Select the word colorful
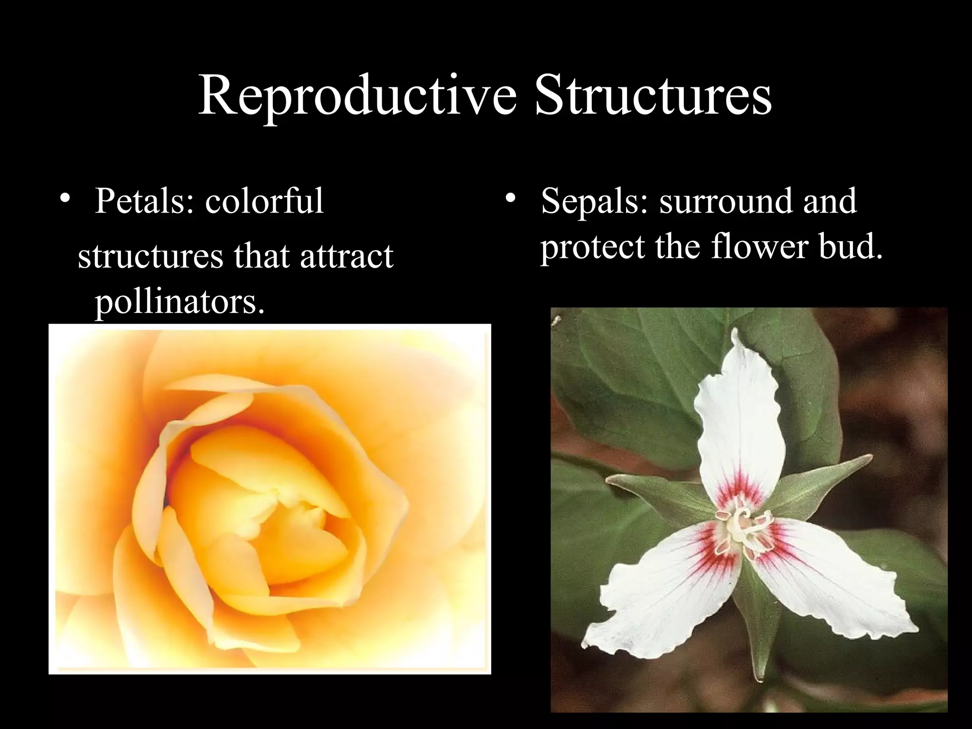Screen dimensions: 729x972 (x=264, y=201)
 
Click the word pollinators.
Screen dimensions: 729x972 (x=179, y=302)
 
